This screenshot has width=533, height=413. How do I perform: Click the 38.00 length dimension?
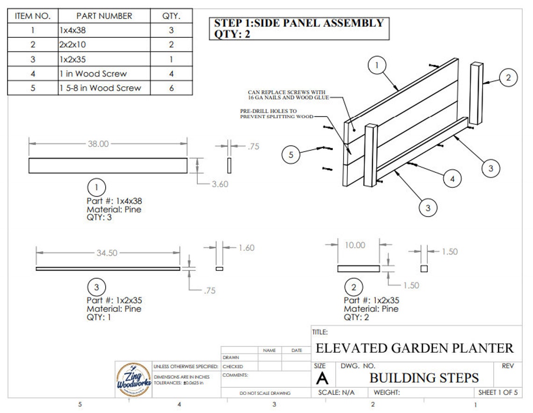[98, 144]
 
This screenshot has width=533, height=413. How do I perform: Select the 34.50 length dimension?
[107, 253]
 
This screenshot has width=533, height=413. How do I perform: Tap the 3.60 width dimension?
[220, 184]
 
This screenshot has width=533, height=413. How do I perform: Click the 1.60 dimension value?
[246, 248]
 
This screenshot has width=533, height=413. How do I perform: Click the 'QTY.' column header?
[172, 16]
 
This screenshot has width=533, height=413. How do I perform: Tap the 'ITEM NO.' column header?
[32, 16]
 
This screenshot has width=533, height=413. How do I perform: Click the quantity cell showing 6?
[172, 88]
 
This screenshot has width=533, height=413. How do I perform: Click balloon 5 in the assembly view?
[291, 155]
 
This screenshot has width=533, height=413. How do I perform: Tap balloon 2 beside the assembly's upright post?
[508, 78]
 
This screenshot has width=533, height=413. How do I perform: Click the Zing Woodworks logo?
[133, 379]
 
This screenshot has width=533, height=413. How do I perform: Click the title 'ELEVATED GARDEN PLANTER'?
[415, 348]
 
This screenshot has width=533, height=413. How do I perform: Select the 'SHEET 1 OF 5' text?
[498, 393]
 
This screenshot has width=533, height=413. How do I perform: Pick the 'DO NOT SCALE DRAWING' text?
[265, 393]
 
